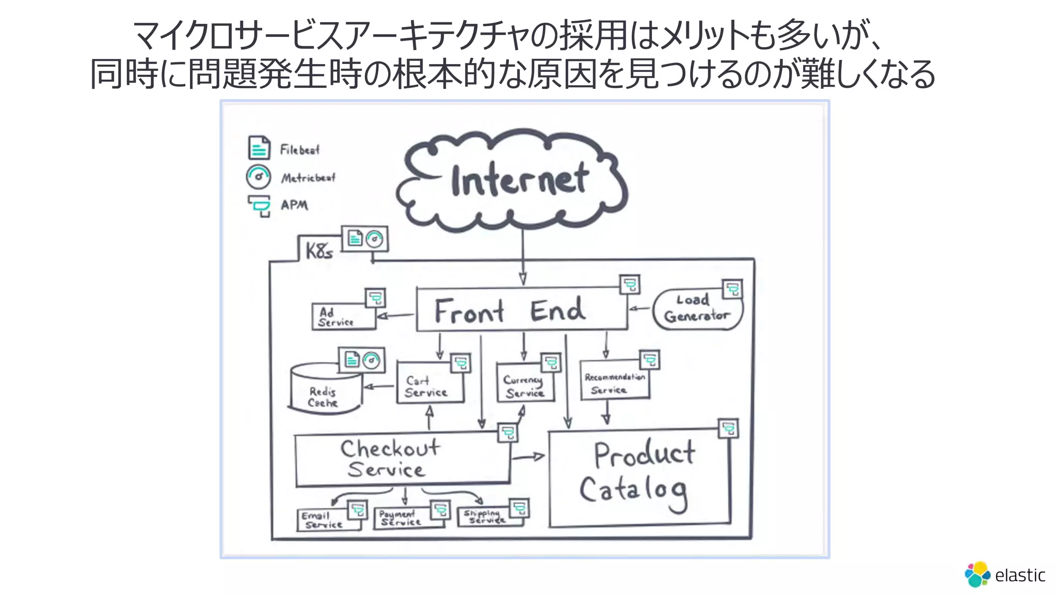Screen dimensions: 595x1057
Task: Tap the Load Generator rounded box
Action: pos(697,309)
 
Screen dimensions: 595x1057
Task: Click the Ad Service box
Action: pos(343,317)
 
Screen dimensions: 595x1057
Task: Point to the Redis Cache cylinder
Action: pos(324,390)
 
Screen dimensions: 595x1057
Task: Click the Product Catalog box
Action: pos(639,478)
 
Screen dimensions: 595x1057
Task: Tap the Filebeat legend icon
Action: pos(259,148)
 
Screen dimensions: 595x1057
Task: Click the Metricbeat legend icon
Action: pos(258,177)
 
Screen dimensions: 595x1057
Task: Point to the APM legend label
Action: pos(294,205)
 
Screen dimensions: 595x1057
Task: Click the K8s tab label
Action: pos(319,251)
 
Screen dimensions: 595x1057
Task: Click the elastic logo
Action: pos(1004,574)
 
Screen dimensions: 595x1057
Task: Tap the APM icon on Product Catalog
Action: pos(728,429)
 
